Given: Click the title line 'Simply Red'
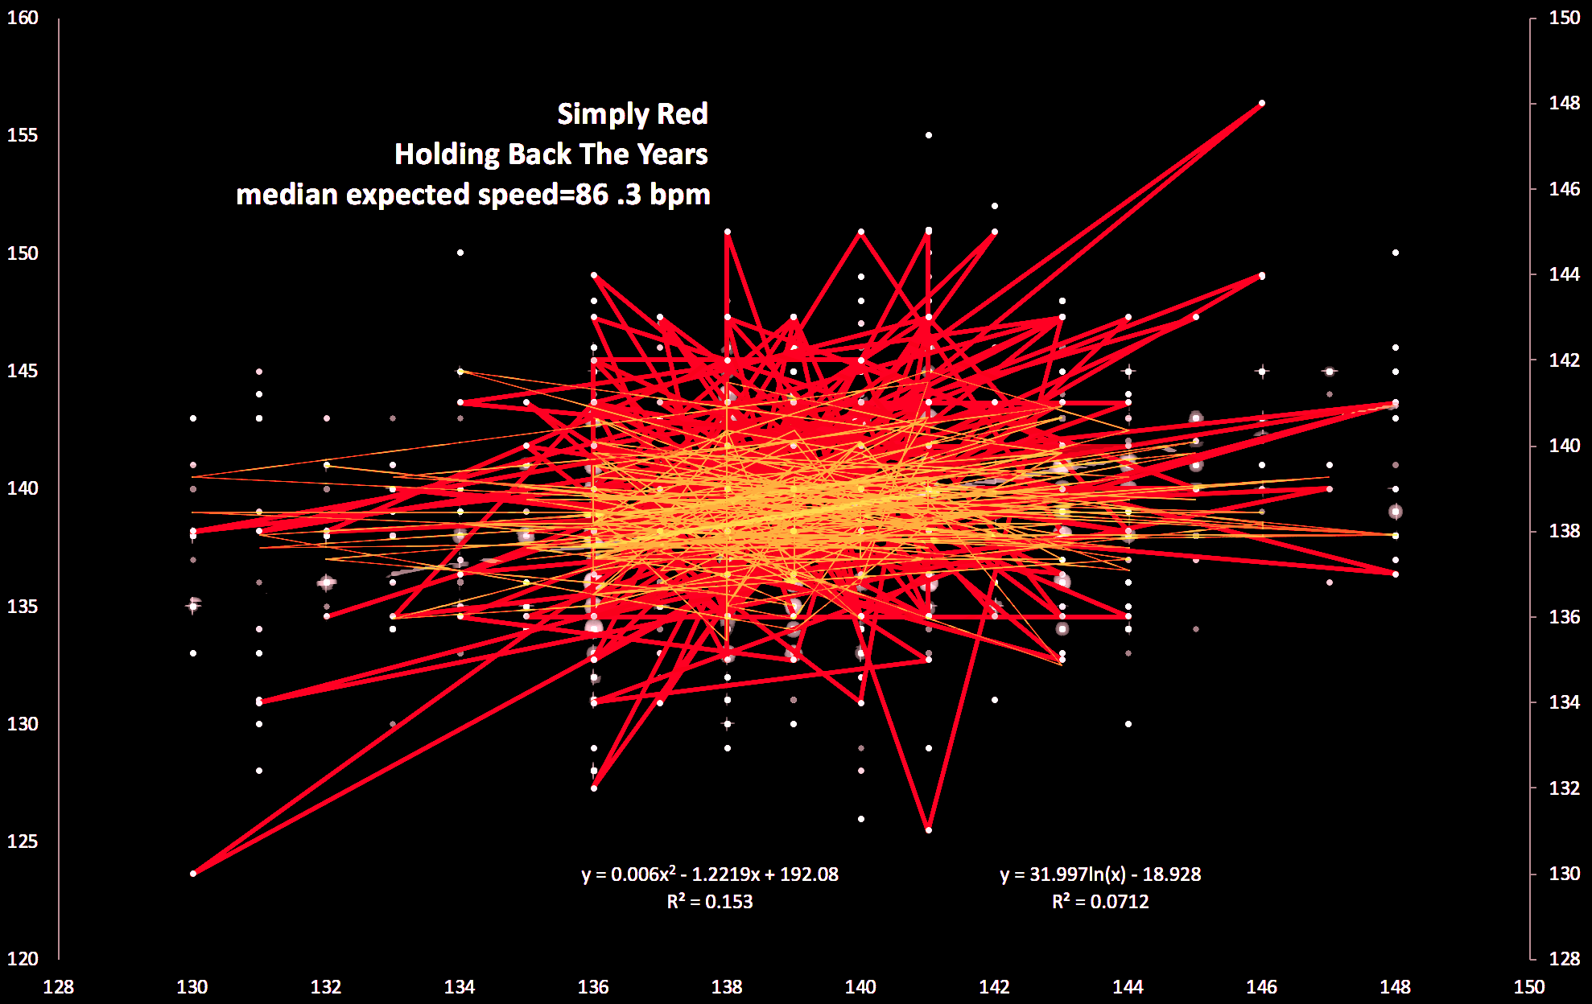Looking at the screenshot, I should [x=633, y=114].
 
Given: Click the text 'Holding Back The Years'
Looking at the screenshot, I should [x=551, y=154].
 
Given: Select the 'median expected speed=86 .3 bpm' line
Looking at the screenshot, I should [x=473, y=195].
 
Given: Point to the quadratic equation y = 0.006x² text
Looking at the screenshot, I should [x=710, y=874].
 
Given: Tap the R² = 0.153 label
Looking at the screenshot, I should [x=710, y=902].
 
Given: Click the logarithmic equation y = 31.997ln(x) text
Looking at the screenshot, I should [x=1100, y=874].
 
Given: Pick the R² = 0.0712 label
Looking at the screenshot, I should [x=1100, y=902].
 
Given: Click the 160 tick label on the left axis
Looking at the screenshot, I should [x=23, y=18].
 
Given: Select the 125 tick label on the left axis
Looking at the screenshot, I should [x=23, y=841].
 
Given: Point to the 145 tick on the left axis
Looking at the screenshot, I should [x=23, y=371].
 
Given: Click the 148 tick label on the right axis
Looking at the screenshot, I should [x=1565, y=104].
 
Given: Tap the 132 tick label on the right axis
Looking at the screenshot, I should [x=1565, y=788].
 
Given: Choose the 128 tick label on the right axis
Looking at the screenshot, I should [x=1565, y=959].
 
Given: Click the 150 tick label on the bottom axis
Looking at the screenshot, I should [x=1529, y=987].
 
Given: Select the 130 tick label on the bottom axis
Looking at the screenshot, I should [x=192, y=987].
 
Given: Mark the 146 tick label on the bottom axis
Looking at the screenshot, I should [x=1262, y=987].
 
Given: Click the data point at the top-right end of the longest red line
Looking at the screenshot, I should [x=1262, y=103].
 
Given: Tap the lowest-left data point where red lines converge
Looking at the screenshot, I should [x=193, y=874].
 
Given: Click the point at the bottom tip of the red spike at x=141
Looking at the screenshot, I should [x=929, y=830].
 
